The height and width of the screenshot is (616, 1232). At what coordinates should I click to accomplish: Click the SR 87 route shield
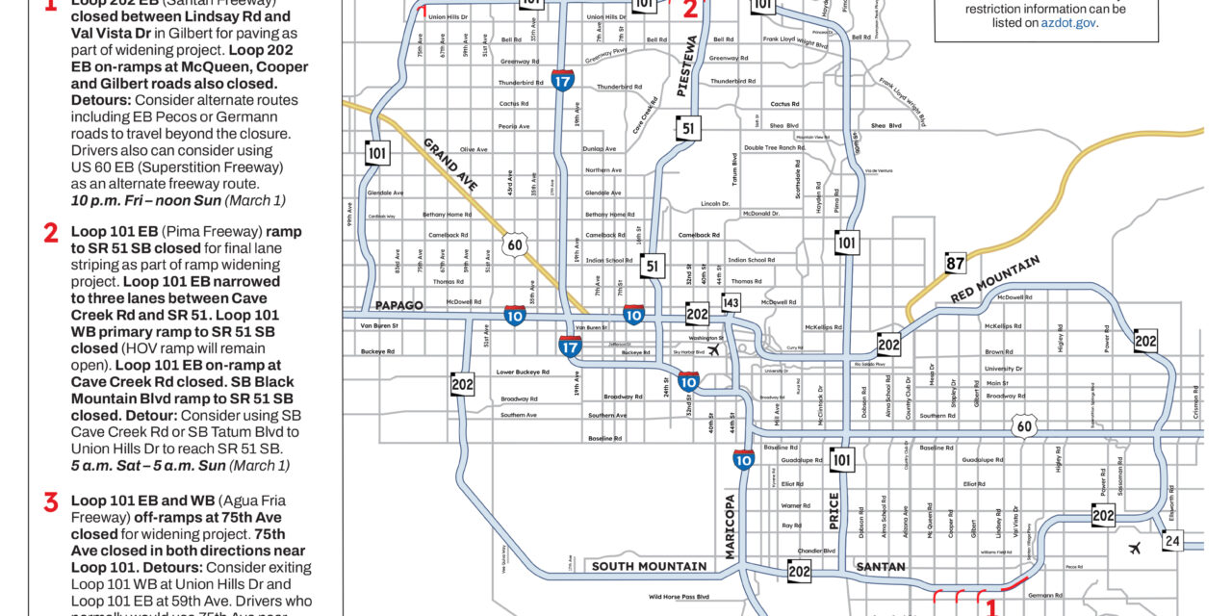pos(956,264)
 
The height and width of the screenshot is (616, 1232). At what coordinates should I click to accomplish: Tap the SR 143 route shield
pos(731,303)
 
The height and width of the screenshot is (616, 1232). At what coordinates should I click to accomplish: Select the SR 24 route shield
pos(1171,541)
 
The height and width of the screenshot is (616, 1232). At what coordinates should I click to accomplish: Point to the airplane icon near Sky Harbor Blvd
pos(713,351)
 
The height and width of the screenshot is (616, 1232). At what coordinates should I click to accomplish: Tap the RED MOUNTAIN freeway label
pos(997,279)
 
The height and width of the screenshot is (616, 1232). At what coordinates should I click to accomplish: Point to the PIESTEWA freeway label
pos(687,66)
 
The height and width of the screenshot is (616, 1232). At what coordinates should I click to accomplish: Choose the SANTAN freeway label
pos(881,566)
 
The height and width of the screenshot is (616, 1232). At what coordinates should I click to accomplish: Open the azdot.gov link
pos(1068,22)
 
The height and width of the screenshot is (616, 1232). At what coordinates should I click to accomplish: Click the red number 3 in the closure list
pos(51,501)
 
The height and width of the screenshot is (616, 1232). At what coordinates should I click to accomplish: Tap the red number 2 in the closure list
pos(51,233)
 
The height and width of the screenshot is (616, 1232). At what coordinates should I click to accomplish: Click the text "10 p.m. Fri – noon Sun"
pos(132,200)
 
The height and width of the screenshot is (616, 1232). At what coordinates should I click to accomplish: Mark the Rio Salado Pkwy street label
pos(870,364)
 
